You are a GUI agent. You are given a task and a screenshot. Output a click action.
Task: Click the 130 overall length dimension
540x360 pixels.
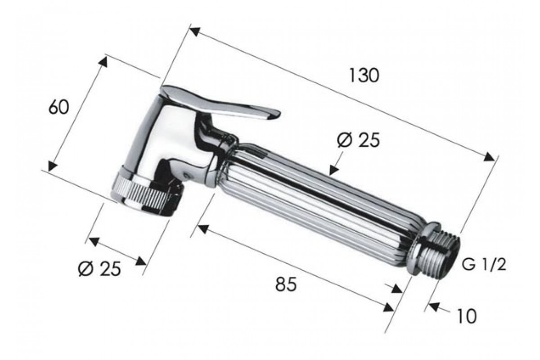point(364,76)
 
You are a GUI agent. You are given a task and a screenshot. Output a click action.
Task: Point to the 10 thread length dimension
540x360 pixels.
point(467,316)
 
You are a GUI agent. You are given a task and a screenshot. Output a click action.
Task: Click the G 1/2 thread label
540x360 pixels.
point(484,265)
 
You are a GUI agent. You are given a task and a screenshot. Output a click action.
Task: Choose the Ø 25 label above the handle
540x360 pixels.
point(359,140)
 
